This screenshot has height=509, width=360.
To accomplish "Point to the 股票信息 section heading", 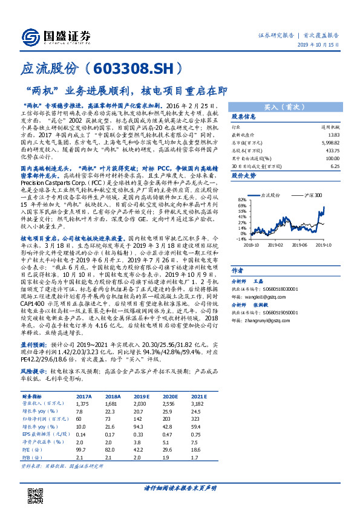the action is pos(244,116).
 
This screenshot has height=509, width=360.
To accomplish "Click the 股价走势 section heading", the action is pos(244,176).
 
